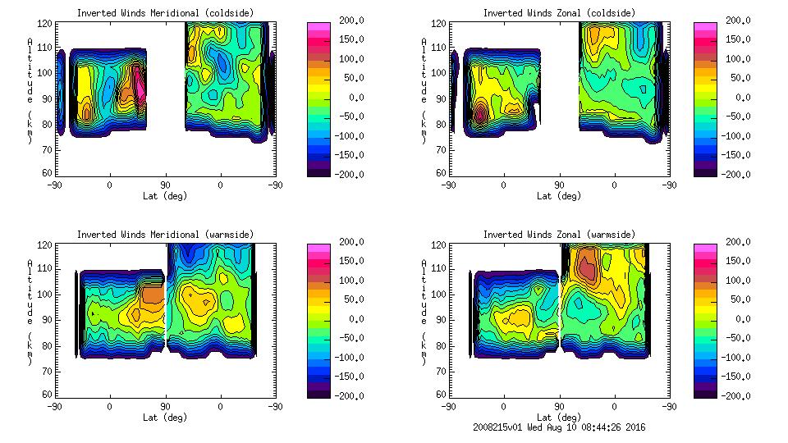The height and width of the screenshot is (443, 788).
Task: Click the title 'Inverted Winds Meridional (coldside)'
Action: [165, 13]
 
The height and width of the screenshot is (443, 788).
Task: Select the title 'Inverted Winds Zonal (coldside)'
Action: [558, 13]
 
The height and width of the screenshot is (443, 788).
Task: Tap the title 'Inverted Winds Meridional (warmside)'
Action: [165, 235]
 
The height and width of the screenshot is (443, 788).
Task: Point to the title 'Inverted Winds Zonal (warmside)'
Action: [558, 235]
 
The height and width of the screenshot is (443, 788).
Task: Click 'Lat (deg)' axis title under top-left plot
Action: [165, 196]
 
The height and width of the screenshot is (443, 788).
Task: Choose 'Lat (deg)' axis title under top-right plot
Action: [558, 196]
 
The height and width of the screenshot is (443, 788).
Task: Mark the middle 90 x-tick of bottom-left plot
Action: [165, 406]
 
